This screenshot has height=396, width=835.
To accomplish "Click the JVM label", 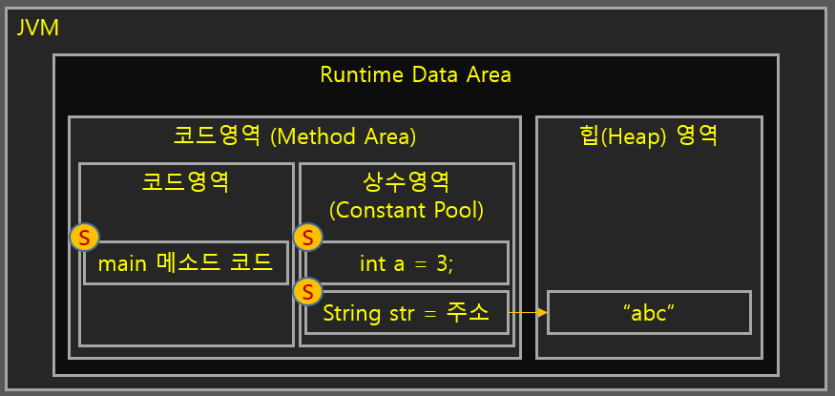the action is pyautogui.click(x=38, y=28).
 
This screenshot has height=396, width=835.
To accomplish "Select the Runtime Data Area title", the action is pyautogui.click(x=415, y=74).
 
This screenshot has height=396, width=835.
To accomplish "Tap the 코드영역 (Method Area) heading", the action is pyautogui.click(x=294, y=136).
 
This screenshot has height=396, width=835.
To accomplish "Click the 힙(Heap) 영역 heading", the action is pyautogui.click(x=649, y=136).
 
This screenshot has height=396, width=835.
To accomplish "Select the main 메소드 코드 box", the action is pyautogui.click(x=185, y=262).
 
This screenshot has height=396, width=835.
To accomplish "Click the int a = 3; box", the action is pyautogui.click(x=407, y=262).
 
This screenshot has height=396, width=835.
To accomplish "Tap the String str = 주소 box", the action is pyautogui.click(x=407, y=313).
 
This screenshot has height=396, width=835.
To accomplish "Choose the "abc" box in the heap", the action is pyautogui.click(x=649, y=313).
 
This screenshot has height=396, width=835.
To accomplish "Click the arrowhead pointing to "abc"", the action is pyautogui.click(x=541, y=312).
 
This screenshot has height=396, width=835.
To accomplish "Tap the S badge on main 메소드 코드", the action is pyautogui.click(x=85, y=237).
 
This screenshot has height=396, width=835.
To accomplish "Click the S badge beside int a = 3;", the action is pyautogui.click(x=306, y=238).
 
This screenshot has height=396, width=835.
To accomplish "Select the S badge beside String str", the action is pyautogui.click(x=306, y=291).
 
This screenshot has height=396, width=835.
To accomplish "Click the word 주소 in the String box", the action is pyautogui.click(x=468, y=313).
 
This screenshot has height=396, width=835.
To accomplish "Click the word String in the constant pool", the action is pyautogui.click(x=349, y=313).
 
